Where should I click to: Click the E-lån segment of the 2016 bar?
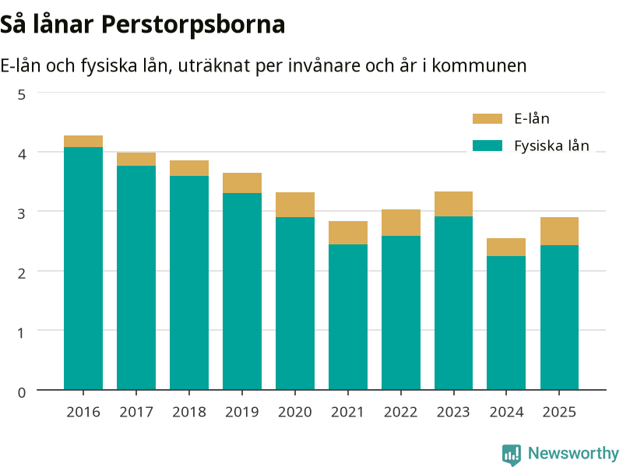[x=83, y=142]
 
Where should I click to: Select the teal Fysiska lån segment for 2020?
[x=295, y=304]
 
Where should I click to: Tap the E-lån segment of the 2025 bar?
[x=559, y=231]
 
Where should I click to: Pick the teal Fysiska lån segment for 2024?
[x=506, y=323]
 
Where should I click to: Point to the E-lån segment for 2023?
[x=453, y=204]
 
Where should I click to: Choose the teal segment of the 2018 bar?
[x=189, y=283]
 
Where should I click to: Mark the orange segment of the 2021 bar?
[x=348, y=233]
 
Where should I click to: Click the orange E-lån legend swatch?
[x=487, y=119]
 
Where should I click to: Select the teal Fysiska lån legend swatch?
[x=487, y=146]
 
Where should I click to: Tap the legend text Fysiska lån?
[x=551, y=146]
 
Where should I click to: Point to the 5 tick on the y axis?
[x=22, y=94]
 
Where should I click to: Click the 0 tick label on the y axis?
[x=22, y=392]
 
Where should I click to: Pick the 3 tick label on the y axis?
[x=22, y=213]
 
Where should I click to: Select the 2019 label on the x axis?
[x=242, y=413]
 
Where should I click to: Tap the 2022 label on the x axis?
[x=400, y=413]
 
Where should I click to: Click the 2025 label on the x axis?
[x=559, y=413]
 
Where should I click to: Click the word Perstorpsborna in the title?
[x=193, y=25]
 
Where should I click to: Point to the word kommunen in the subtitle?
[x=479, y=65]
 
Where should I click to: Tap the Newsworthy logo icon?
[x=512, y=455]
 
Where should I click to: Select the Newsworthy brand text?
[x=573, y=453]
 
